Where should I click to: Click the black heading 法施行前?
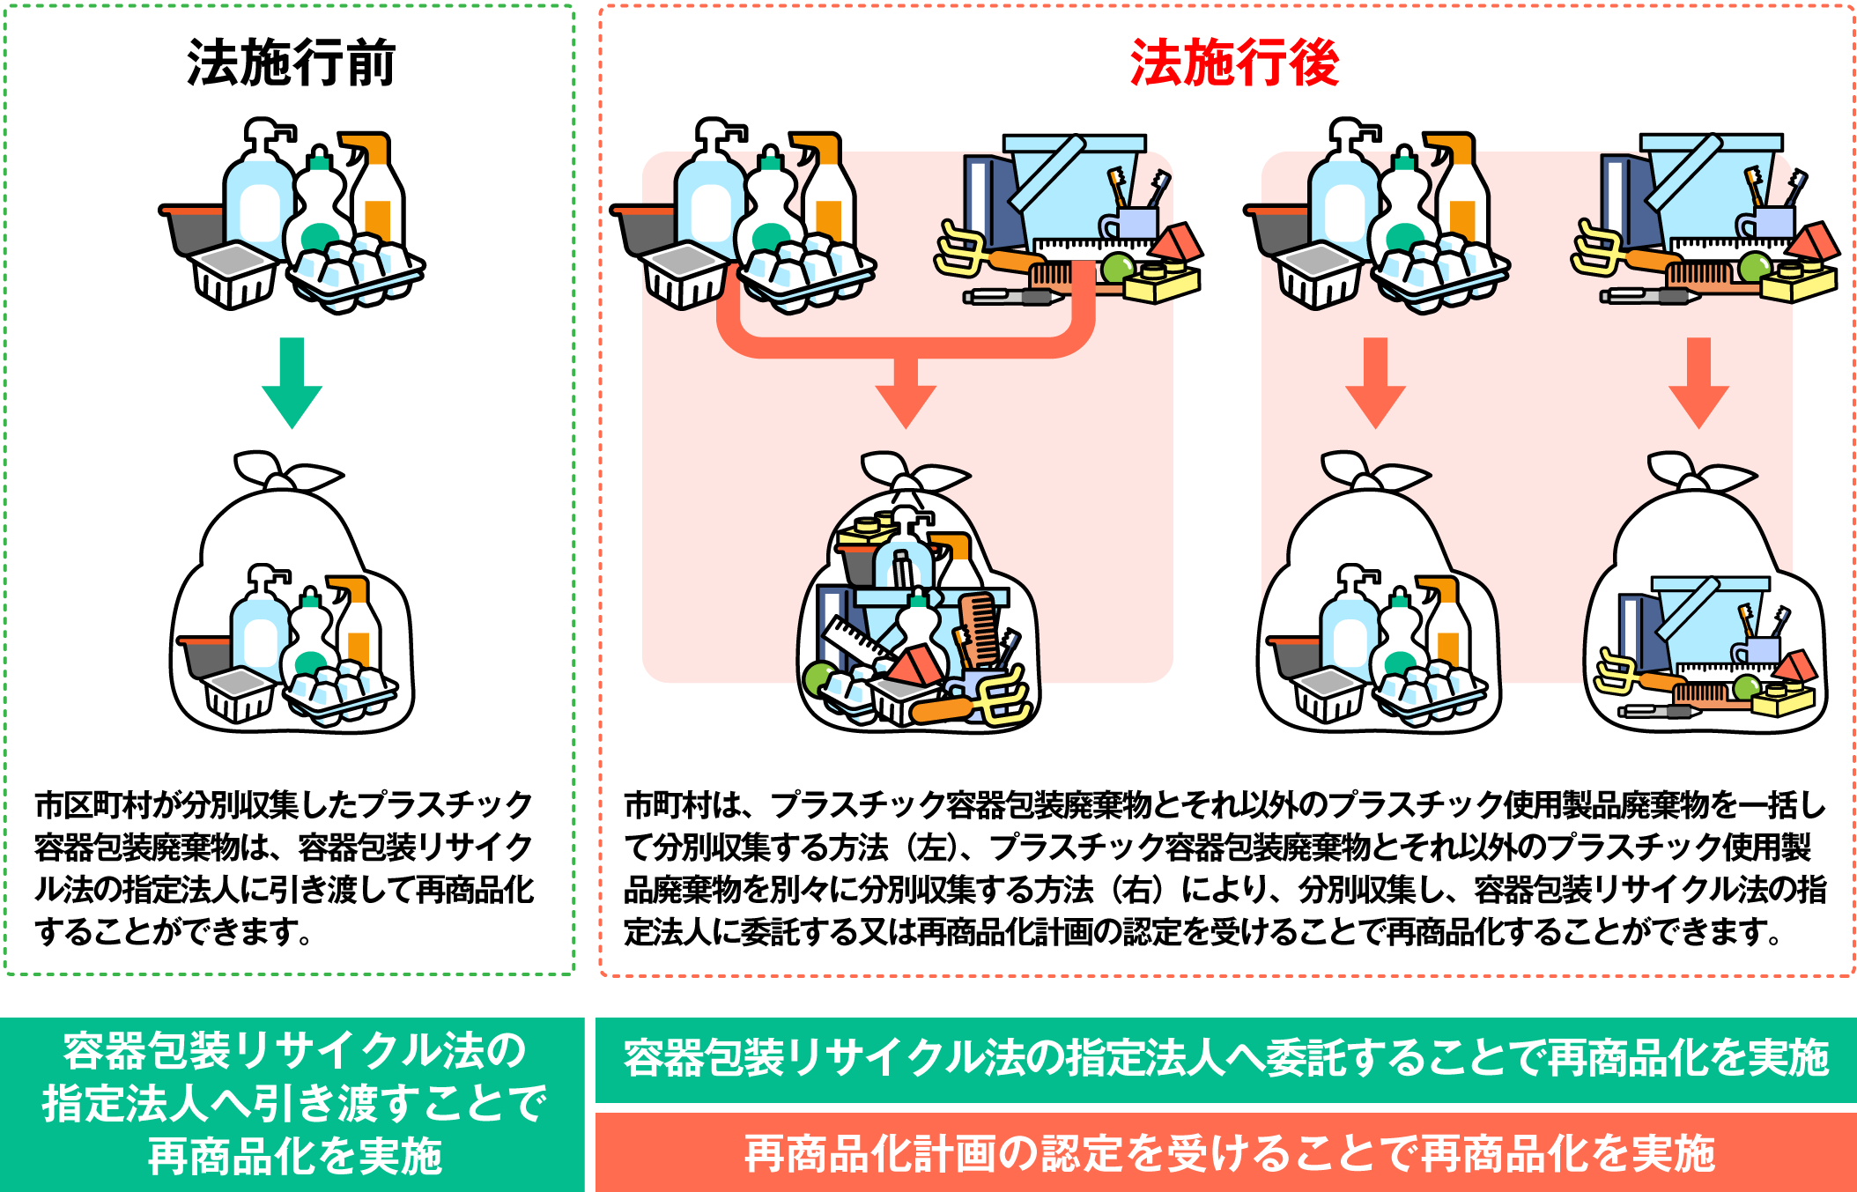[x=291, y=64]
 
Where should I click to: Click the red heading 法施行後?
[x=1234, y=64]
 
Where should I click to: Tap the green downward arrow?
[x=292, y=382]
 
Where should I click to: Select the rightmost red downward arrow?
[x=1698, y=382]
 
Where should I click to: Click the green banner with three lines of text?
[x=292, y=1105]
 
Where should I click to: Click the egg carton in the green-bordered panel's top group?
[x=357, y=269]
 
